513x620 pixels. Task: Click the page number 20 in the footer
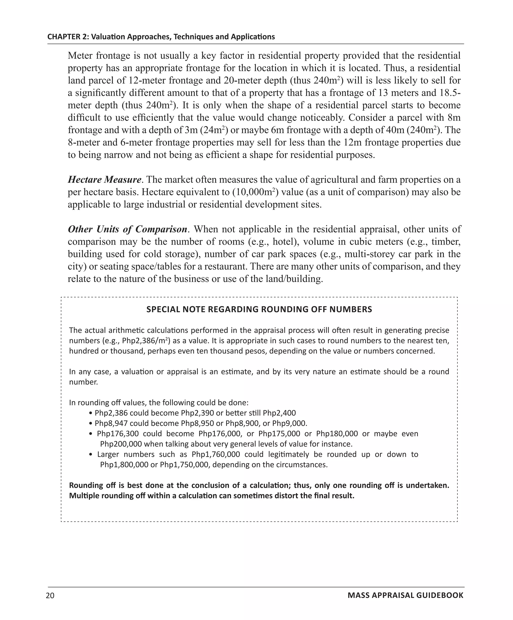(x=50, y=595)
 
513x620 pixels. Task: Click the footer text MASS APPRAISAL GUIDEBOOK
(x=405, y=595)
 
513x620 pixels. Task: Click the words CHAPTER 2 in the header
(x=68, y=37)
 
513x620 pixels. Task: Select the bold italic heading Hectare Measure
(x=104, y=180)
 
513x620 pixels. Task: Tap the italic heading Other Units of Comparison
(x=127, y=229)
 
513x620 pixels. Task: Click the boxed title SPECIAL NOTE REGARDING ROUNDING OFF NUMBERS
(x=259, y=309)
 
